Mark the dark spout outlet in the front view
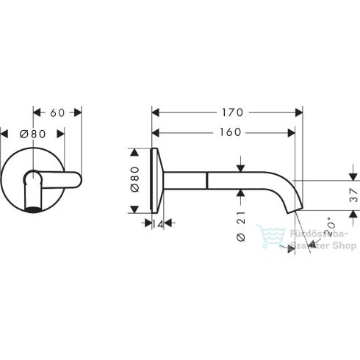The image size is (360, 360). pos(32,212)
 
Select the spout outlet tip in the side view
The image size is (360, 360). pos(298,211)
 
